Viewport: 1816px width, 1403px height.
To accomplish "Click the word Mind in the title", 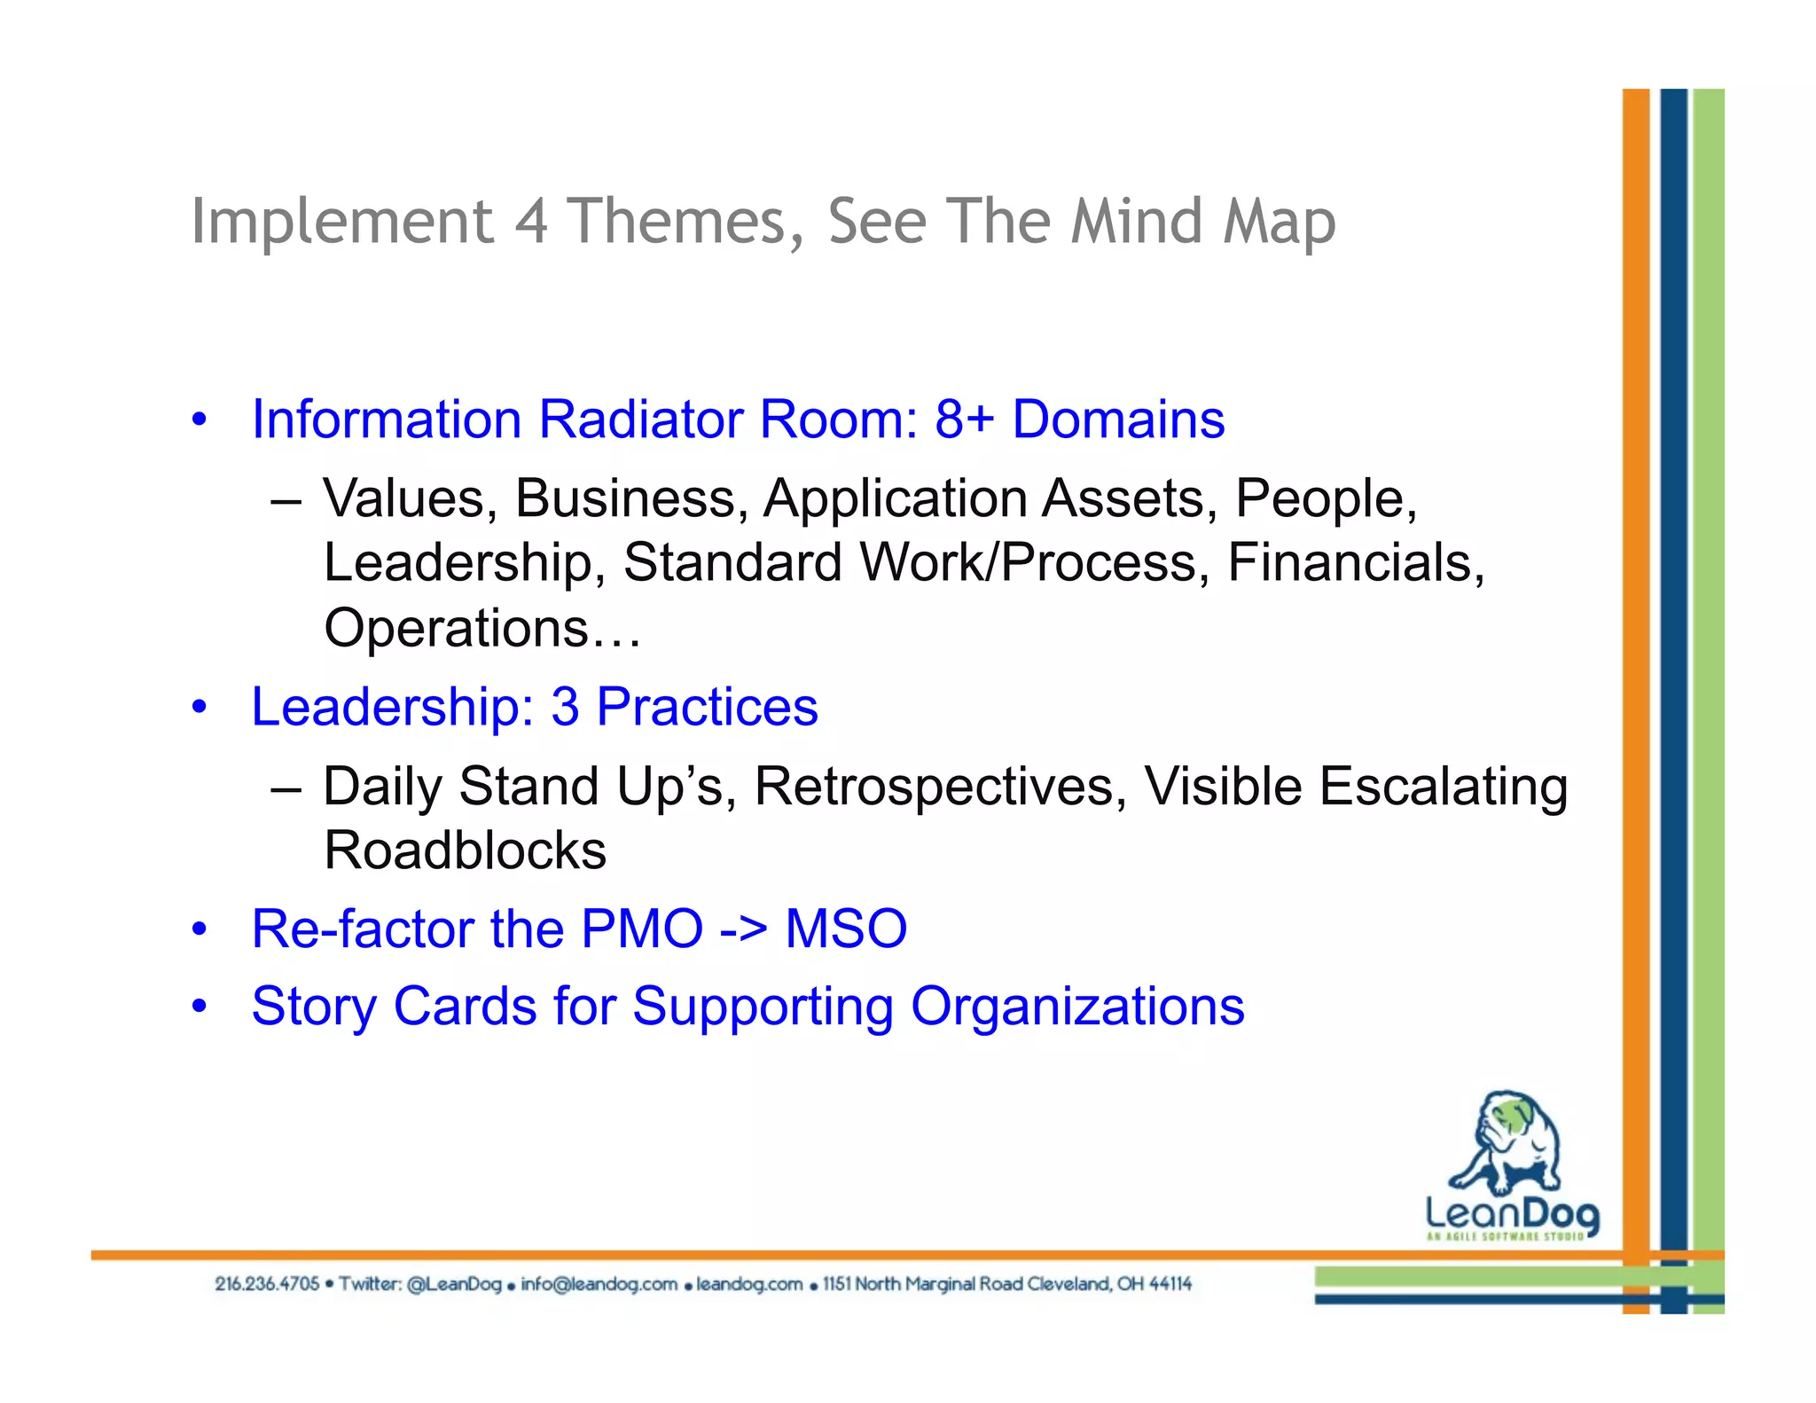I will (x=1136, y=222).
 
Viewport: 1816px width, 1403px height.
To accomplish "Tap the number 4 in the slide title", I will (x=530, y=222).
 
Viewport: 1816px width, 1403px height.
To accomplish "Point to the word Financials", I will (x=1355, y=562).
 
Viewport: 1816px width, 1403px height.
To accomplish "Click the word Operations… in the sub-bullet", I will (x=481, y=628).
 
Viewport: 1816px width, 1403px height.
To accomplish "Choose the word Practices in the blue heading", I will (x=707, y=707).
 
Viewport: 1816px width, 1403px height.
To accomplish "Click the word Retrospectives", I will (x=941, y=787).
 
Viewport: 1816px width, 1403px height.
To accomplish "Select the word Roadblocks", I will (x=465, y=850).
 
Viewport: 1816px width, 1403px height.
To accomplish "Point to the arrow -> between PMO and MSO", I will (x=743, y=929).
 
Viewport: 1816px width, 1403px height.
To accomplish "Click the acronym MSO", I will (x=846, y=929).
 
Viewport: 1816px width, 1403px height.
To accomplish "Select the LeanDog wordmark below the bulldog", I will (x=1512, y=1213).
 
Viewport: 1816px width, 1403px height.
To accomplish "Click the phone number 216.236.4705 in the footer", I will (x=266, y=1284).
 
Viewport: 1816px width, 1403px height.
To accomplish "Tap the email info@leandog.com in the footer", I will (x=599, y=1284).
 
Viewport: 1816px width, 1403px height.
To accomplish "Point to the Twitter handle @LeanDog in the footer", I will (x=454, y=1284).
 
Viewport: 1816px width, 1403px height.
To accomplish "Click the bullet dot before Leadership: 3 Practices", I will (x=200, y=708).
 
